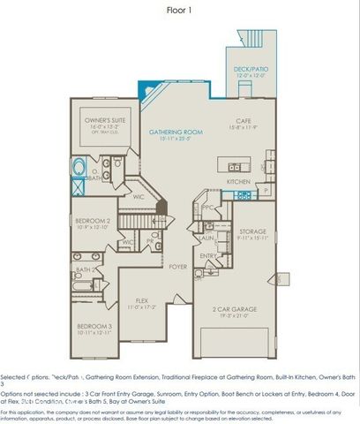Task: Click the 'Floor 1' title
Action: tap(180, 10)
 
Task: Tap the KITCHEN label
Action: tap(238, 182)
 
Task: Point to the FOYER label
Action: tap(178, 265)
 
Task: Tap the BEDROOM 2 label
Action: tap(92, 220)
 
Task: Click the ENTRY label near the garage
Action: tap(208, 256)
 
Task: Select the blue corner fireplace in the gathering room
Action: tap(147, 92)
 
